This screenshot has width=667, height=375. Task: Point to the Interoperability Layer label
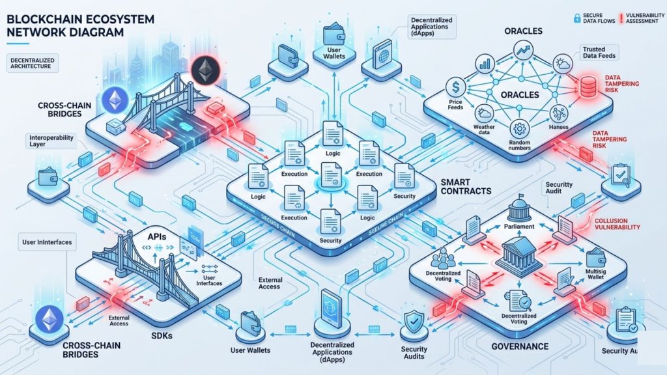pyautogui.click(x=51, y=141)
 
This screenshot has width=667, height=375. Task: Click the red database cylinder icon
pyautogui.click(x=574, y=86)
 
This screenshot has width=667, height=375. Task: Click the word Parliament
pyautogui.click(x=518, y=227)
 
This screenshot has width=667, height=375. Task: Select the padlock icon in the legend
pyautogui.click(x=577, y=18)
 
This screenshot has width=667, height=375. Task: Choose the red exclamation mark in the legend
pyautogui.click(x=619, y=18)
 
